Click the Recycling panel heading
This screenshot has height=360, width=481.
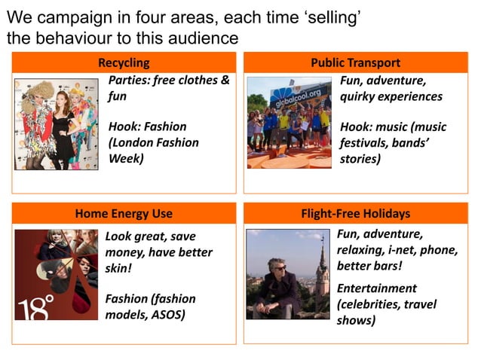[x=124, y=63]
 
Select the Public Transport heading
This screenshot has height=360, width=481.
[x=355, y=63]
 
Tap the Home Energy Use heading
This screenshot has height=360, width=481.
[x=124, y=213]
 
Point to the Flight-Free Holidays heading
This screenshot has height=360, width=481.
[x=355, y=213]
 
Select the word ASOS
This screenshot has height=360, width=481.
[x=169, y=314]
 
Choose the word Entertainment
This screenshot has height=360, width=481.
[x=377, y=288]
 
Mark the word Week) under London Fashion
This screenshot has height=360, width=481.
[x=126, y=158]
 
